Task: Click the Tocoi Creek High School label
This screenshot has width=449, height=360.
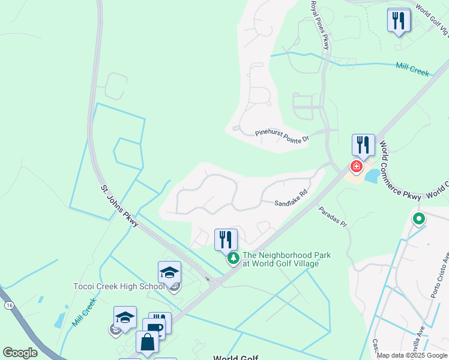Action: (x=119, y=286)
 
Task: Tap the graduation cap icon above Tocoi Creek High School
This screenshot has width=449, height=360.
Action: (x=170, y=272)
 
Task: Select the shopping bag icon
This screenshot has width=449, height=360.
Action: (x=147, y=342)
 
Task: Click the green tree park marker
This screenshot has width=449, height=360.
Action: (x=232, y=259)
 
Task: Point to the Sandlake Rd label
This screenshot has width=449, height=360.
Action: (x=291, y=203)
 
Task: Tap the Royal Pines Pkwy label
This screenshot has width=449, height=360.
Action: (x=320, y=25)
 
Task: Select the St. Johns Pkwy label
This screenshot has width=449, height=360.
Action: (x=119, y=205)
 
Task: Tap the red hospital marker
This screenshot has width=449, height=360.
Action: (x=357, y=166)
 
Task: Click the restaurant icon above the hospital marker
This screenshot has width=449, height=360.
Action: (x=363, y=145)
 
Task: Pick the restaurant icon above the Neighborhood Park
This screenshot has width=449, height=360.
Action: (x=226, y=239)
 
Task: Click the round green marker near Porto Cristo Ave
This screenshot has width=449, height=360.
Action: (x=418, y=219)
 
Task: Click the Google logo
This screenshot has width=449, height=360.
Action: (x=20, y=353)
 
